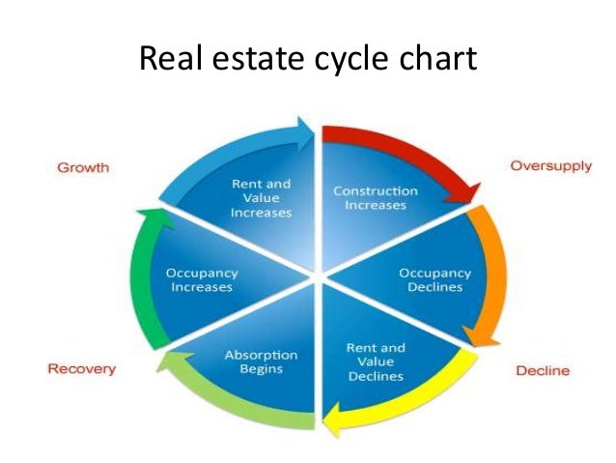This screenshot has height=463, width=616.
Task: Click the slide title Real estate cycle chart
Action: [308, 59]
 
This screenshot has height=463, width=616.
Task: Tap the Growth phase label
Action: [84, 167]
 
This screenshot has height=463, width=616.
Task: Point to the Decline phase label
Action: [542, 370]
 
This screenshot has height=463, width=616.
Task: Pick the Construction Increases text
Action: [375, 198]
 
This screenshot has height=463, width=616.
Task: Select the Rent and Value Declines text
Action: [376, 362]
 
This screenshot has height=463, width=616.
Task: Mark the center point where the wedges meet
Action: [316, 277]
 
